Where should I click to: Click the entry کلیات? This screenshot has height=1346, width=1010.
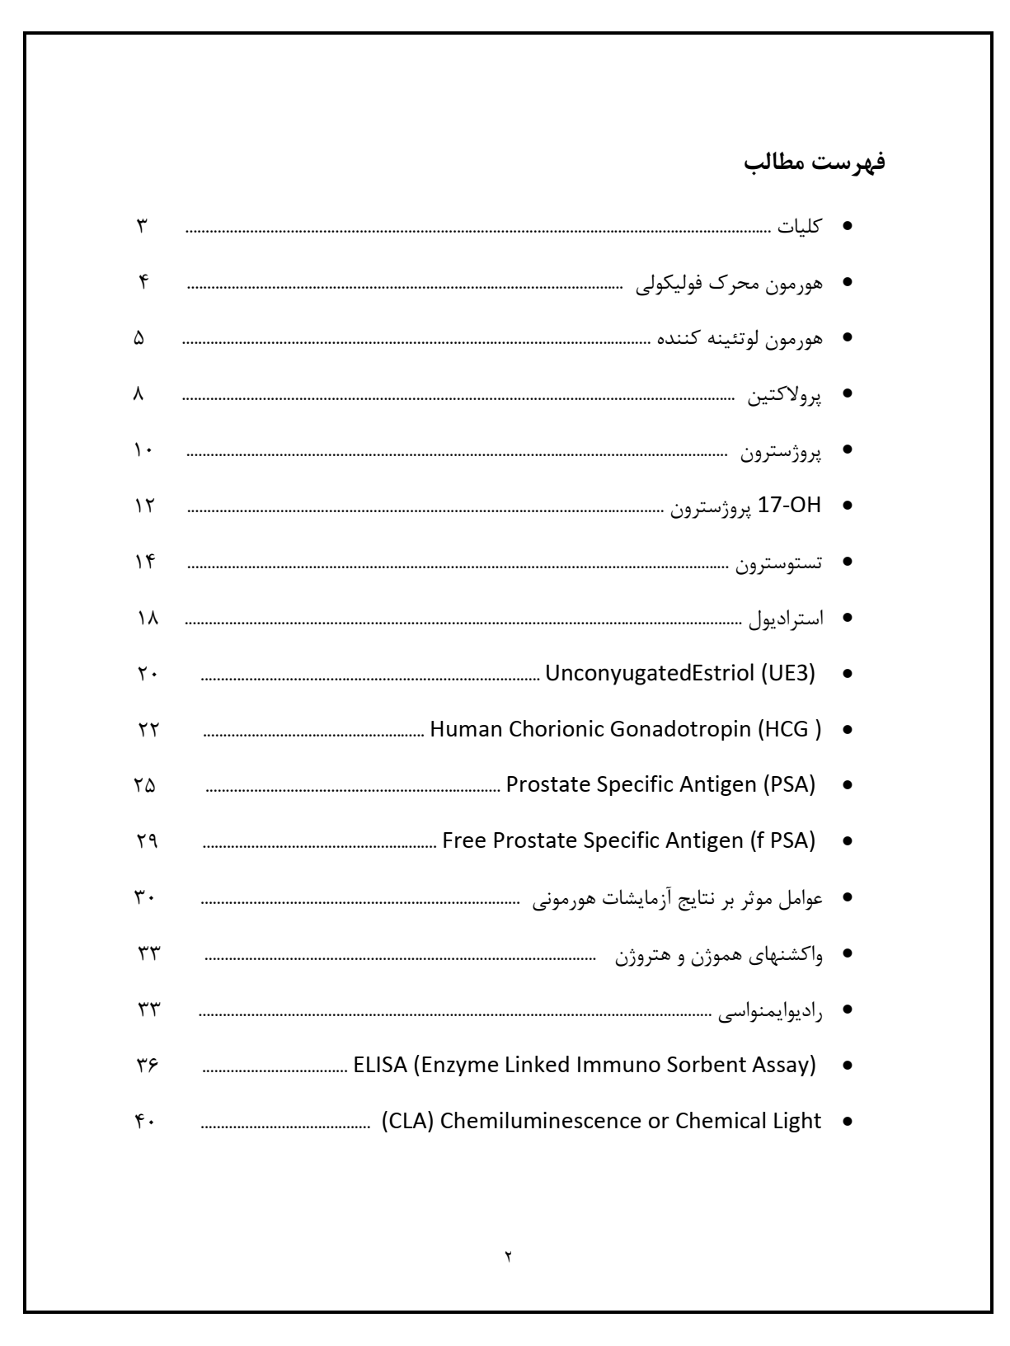pos(799,227)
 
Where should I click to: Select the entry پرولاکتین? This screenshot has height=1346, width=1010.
pos(785,396)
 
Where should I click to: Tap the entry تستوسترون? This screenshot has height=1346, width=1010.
pos(779,564)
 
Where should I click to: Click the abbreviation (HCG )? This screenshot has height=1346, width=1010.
pos(789,730)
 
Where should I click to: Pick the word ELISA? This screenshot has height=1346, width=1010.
pos(380,1065)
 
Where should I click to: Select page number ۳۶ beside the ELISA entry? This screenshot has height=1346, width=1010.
pos(146,1066)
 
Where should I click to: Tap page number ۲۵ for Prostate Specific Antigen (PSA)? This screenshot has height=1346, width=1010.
pos(144,786)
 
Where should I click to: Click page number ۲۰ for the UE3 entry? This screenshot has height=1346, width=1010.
pos(146,675)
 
